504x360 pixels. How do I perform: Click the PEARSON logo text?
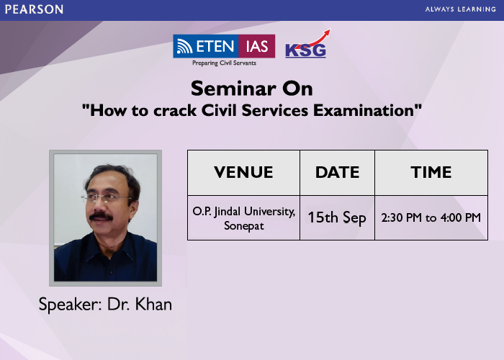(34, 9)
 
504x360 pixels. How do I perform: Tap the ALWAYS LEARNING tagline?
(460, 9)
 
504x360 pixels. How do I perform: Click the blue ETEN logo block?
(206, 46)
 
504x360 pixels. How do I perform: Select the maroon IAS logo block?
(257, 46)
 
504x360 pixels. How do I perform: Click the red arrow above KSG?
(313, 40)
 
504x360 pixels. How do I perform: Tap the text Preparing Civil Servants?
(224, 63)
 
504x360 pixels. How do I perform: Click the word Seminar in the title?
(233, 89)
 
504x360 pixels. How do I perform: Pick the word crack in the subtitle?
(175, 110)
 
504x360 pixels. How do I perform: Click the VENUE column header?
(243, 172)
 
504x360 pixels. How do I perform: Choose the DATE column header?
(337, 172)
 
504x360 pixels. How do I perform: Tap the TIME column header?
(431, 172)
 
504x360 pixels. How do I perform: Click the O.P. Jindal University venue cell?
(243, 218)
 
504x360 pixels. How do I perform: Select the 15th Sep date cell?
(337, 218)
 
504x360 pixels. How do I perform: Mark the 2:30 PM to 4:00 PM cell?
(431, 218)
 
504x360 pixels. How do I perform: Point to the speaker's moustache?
(101, 216)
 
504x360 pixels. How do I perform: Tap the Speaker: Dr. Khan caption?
(105, 304)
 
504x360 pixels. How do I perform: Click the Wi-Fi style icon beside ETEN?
(185, 47)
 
